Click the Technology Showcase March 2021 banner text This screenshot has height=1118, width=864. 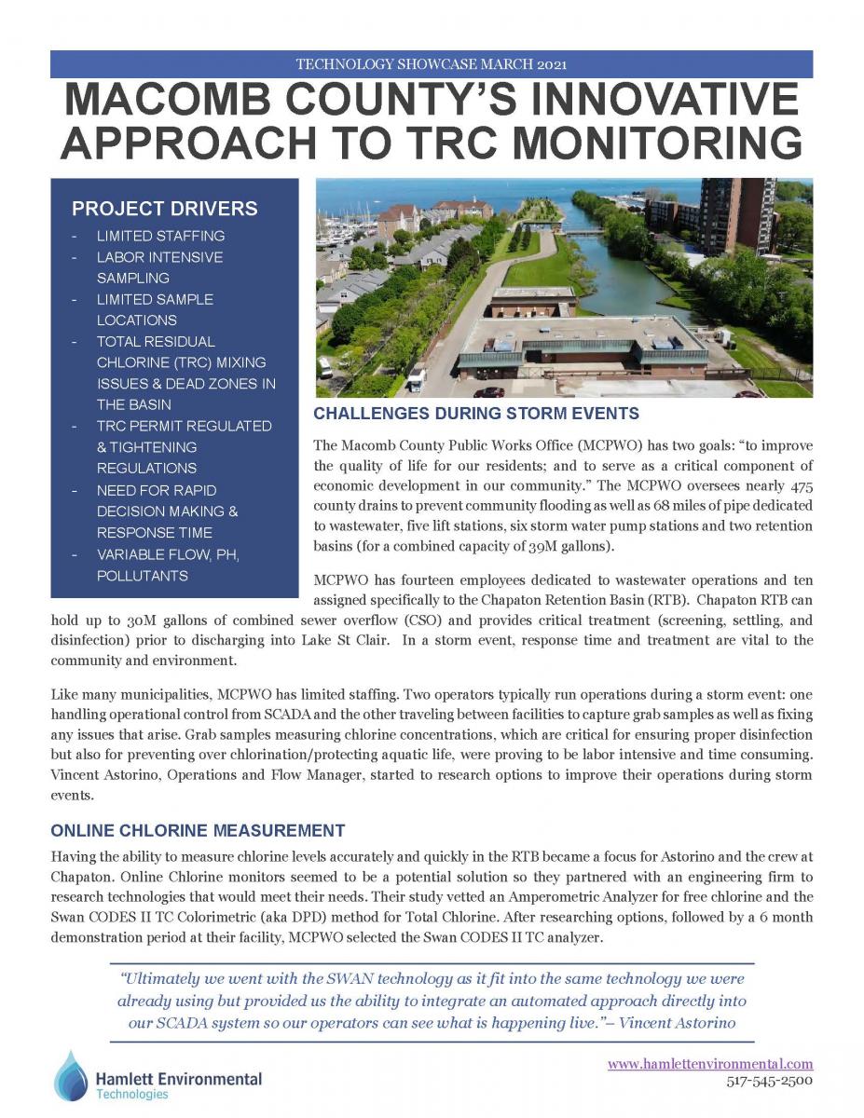pos(432,64)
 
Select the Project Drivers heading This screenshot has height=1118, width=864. pos(165,209)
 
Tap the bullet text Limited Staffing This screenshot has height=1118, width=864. pos(160,236)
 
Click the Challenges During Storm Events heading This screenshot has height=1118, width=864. pos(476,414)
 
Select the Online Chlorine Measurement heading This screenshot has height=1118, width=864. pos(198,830)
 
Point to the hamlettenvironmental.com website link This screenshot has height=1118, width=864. pos(710,1063)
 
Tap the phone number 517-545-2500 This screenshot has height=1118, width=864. pos(770,1081)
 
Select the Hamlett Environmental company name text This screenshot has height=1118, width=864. pos(179,1078)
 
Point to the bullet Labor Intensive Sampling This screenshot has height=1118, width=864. pos(159,267)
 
